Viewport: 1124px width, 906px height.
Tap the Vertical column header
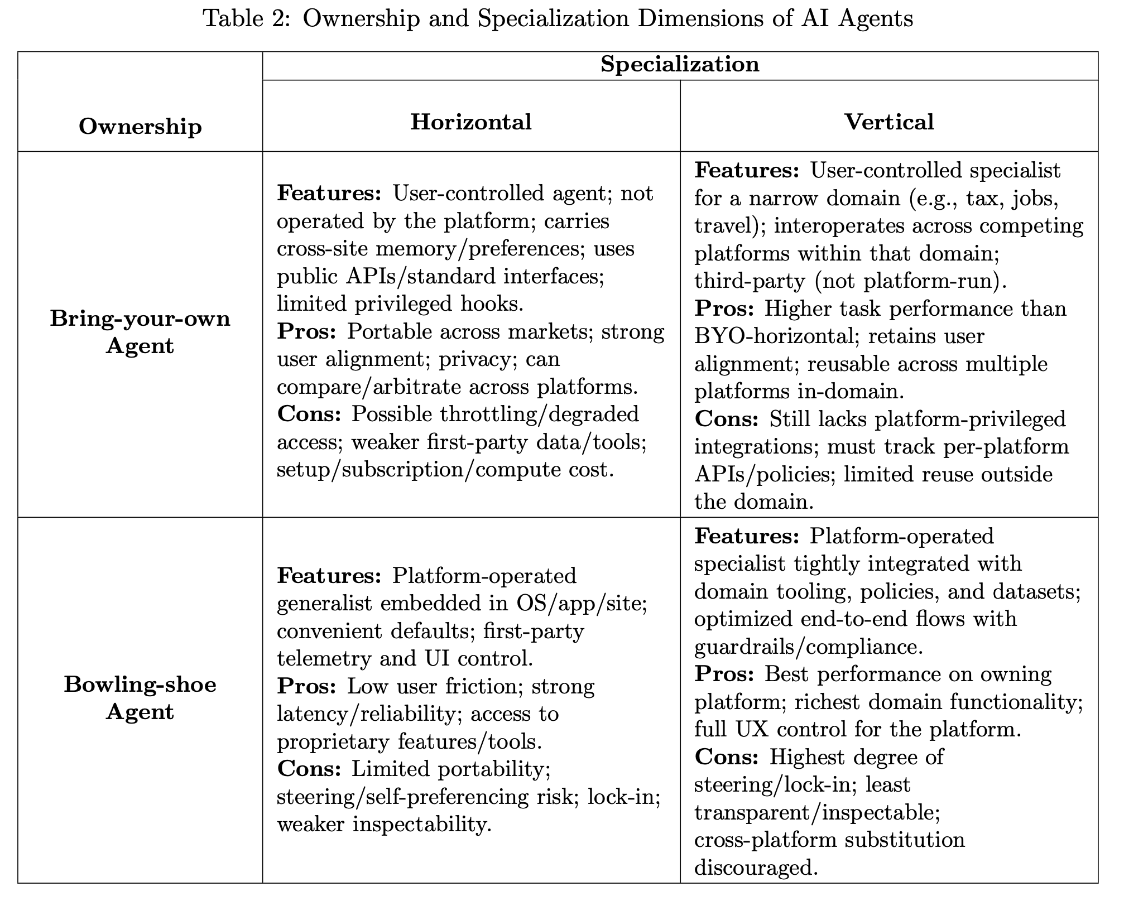pyautogui.click(x=888, y=122)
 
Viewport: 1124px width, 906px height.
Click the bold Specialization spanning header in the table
pyautogui.click(x=679, y=64)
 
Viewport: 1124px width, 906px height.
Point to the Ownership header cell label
pyautogui.click(x=140, y=127)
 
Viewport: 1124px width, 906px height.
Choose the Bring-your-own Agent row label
pyautogui.click(x=140, y=332)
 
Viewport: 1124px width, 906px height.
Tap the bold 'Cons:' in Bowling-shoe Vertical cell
pyautogui.click(x=726, y=757)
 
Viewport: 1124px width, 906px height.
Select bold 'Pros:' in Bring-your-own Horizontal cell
pyautogui.click(x=306, y=331)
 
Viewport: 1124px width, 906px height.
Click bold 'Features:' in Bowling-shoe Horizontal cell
pyautogui.click(x=329, y=575)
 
